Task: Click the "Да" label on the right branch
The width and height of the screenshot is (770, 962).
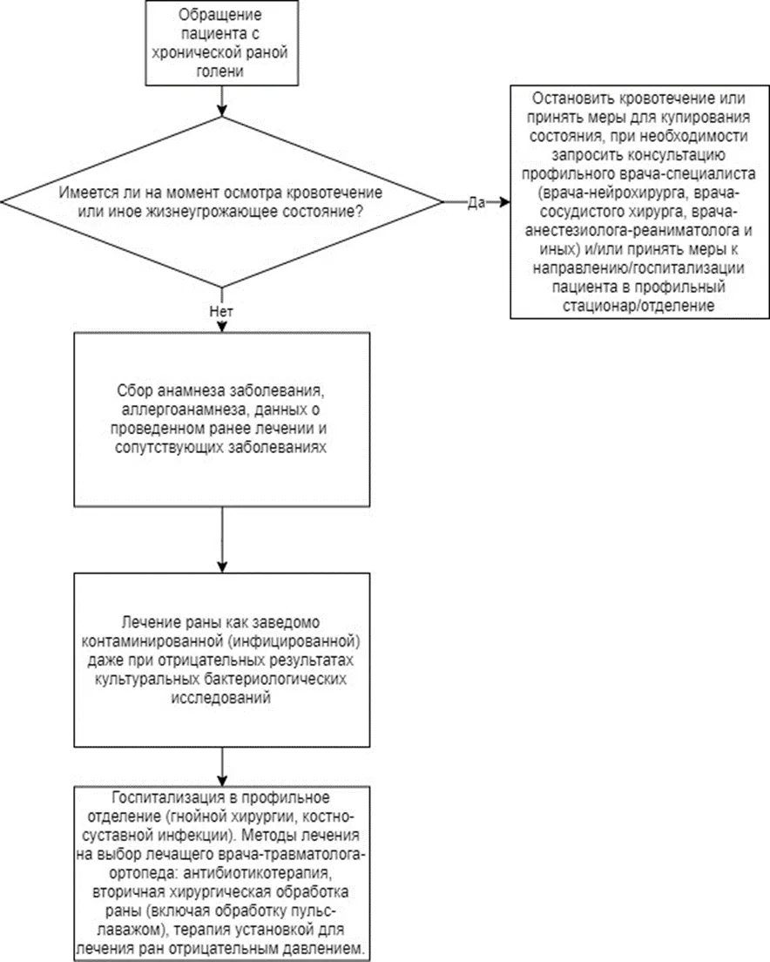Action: [476, 202]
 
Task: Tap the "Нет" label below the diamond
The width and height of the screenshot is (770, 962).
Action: [221, 312]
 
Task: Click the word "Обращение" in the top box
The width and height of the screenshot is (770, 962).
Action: [221, 14]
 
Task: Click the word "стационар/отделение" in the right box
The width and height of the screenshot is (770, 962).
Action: [638, 306]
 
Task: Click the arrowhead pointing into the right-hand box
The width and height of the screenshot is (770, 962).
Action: [504, 202]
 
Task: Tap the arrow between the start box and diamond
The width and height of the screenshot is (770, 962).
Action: [222, 100]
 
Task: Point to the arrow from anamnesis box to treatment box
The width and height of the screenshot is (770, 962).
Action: [222, 540]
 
